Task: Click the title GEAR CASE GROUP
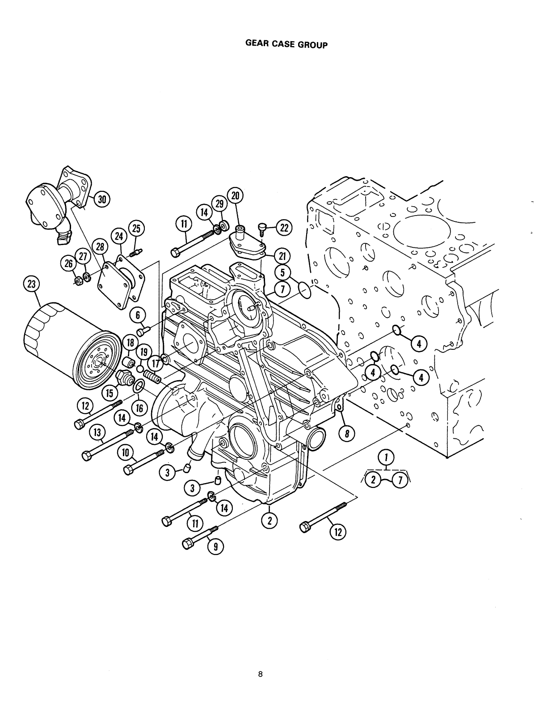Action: [286, 45]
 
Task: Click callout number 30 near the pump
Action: [102, 199]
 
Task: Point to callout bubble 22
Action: [283, 228]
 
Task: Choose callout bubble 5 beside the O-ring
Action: [282, 272]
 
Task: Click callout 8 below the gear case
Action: [348, 433]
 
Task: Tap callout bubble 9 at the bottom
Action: [215, 547]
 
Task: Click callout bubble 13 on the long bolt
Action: [97, 432]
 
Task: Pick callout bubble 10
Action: [126, 453]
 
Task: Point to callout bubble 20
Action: [236, 196]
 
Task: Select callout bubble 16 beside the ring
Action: [139, 407]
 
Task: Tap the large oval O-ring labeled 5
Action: [305, 291]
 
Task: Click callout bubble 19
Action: [143, 352]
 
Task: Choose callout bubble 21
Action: [282, 256]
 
